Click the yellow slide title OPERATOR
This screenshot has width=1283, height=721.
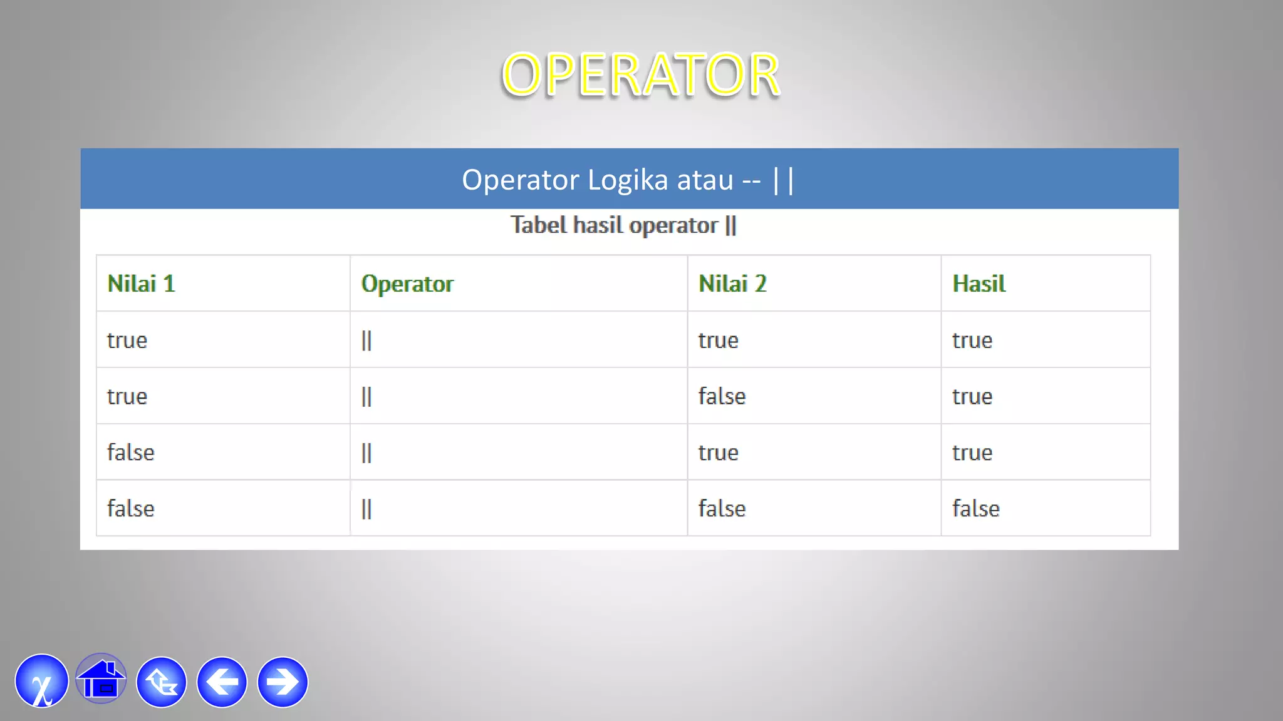tap(640, 75)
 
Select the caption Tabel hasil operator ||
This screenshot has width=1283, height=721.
tap(623, 225)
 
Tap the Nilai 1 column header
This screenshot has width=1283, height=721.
tap(141, 284)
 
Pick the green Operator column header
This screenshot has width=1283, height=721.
tap(407, 284)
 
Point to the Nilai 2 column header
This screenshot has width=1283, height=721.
tap(732, 284)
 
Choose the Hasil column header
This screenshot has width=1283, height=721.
tap(979, 284)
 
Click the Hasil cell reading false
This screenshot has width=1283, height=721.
tap(975, 509)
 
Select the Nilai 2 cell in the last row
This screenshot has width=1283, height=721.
tap(722, 509)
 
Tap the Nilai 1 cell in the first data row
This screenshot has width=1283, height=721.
tap(127, 340)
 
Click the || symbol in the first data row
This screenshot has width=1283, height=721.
tap(366, 340)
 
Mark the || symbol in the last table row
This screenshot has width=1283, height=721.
tap(366, 509)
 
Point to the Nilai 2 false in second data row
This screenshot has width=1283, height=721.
tap(722, 397)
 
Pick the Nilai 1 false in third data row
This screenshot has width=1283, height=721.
tap(130, 453)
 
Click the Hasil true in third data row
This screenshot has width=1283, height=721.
tap(972, 453)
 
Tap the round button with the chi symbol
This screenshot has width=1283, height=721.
tap(41, 682)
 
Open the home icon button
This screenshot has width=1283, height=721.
tap(101, 680)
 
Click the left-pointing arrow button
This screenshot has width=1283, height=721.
tap(222, 682)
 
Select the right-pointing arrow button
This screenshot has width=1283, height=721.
tap(283, 682)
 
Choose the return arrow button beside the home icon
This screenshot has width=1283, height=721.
tap(162, 682)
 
